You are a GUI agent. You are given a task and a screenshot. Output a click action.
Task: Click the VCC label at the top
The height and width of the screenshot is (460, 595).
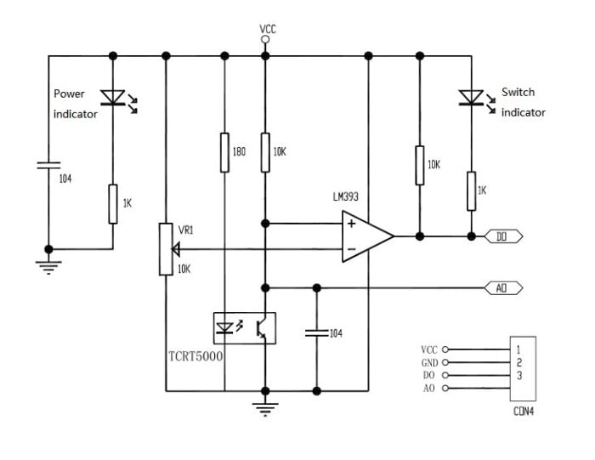click(268, 30)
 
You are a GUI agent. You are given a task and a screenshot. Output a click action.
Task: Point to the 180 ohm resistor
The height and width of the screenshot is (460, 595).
click(224, 151)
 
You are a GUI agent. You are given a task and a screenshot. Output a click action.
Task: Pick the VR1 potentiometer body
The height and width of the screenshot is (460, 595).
click(166, 248)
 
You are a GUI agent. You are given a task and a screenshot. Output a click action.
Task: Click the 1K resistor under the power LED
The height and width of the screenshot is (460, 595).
click(113, 204)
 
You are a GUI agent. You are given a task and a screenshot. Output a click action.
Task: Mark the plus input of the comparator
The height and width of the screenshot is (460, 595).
click(350, 224)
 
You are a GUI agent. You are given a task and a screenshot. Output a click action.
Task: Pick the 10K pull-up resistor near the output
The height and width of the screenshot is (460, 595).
click(419, 164)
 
